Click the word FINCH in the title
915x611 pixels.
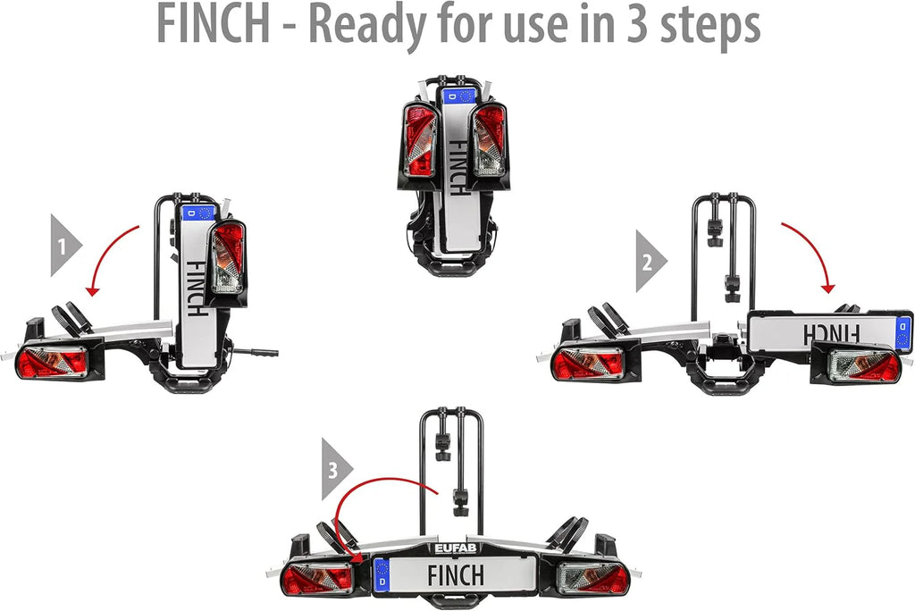coord(214,24)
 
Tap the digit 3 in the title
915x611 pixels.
coord(638,24)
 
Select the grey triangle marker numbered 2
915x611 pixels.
coord(651,261)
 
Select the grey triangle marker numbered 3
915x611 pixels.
coord(337,469)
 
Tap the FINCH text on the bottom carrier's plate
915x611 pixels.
coord(456,575)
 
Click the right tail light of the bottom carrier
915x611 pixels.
coord(593,578)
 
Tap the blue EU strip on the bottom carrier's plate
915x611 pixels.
coord(382,574)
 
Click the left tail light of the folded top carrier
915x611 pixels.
coord(420,140)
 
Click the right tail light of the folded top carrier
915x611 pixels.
coord(489,140)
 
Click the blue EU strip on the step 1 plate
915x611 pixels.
coord(198,213)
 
